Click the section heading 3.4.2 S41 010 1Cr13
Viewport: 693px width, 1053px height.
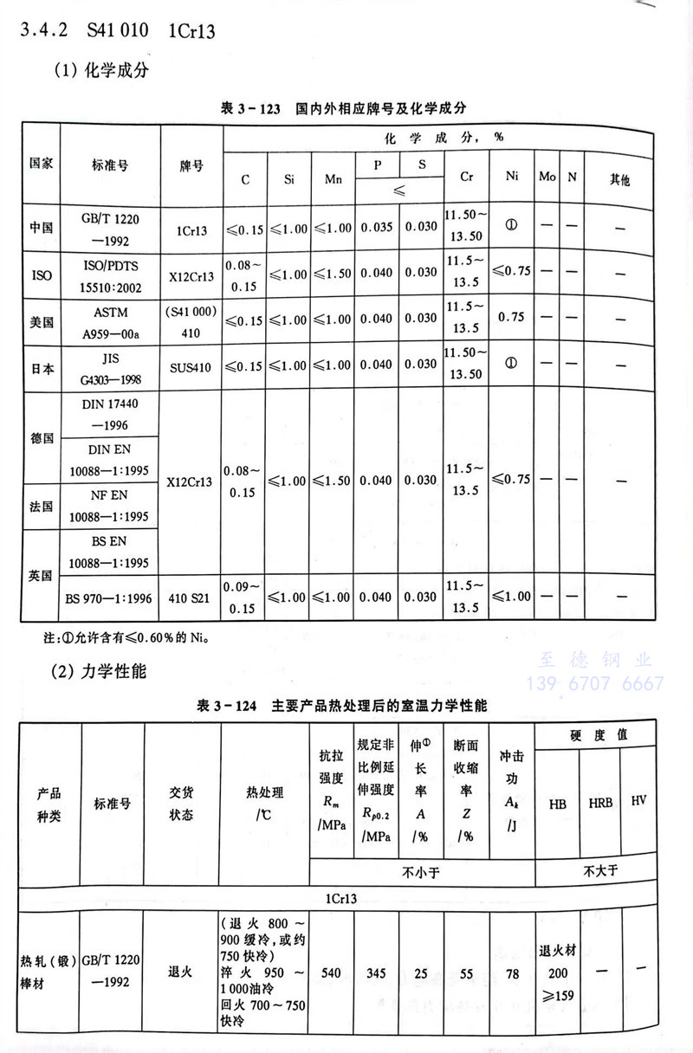pos(118,31)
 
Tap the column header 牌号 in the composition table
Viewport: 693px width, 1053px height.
pos(191,165)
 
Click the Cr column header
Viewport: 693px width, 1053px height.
pos(466,178)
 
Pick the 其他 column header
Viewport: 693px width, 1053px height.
pos(619,179)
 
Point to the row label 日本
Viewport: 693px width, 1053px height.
pos(42,368)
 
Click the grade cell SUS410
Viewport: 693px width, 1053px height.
pos(191,367)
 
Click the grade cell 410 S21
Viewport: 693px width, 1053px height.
pos(191,598)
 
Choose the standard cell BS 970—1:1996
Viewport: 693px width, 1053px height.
pos(108,598)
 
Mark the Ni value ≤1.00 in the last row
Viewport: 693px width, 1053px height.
pos(511,598)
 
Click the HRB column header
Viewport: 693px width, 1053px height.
pos(600,803)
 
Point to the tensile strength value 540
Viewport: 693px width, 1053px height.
pos(332,974)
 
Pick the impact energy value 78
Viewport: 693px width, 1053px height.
pos(512,974)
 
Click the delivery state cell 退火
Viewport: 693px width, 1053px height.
pos(180,972)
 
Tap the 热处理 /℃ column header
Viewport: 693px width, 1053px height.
pos(264,803)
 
